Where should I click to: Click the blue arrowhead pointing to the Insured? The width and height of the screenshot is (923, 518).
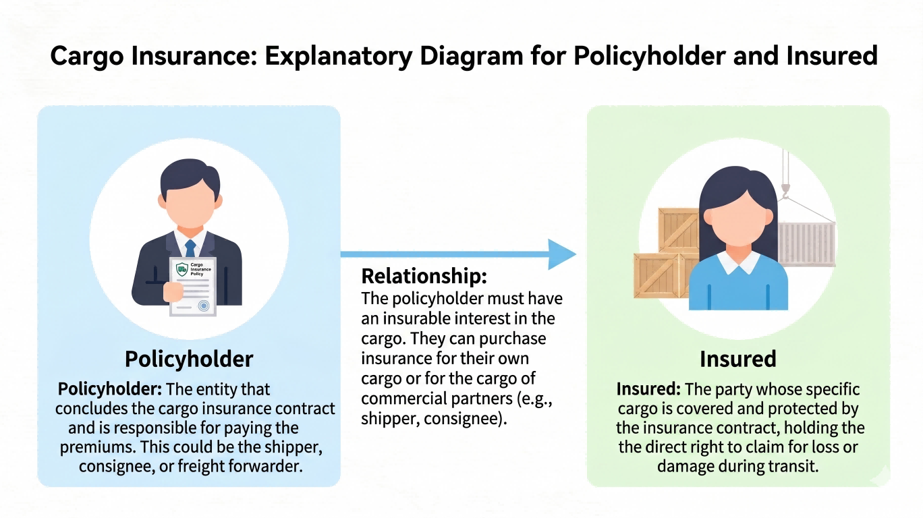click(561, 254)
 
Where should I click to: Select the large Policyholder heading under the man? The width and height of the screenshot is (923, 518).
click(189, 359)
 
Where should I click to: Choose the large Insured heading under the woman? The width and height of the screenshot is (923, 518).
click(737, 359)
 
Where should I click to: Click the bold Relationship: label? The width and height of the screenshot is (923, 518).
click(424, 277)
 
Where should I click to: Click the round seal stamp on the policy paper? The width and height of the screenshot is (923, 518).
click(204, 306)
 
